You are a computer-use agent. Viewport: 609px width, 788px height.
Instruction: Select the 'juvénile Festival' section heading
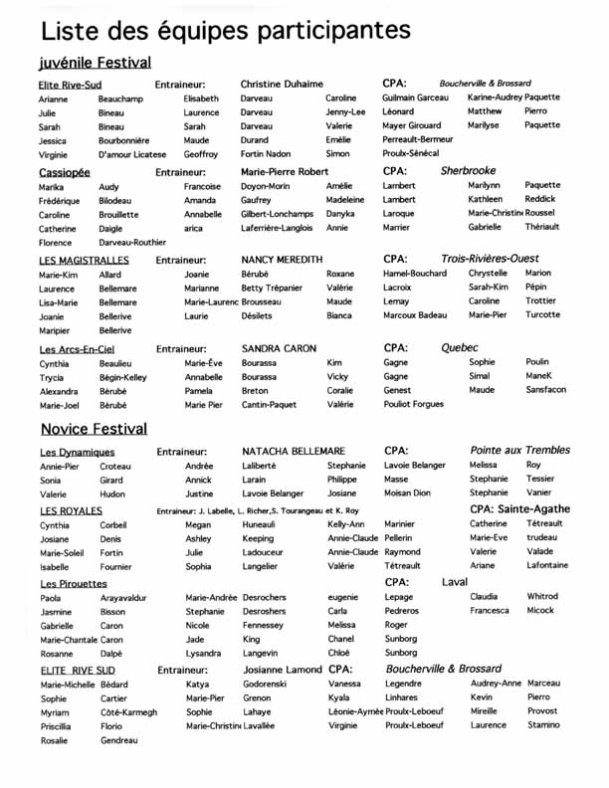[95, 63]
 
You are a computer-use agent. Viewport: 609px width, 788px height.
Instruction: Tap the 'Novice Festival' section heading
[94, 429]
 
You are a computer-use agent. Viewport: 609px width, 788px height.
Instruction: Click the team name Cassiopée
[65, 171]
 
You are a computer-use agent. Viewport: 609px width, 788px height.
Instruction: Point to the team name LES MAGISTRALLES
[84, 260]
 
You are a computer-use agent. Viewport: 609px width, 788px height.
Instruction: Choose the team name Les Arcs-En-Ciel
[79, 349]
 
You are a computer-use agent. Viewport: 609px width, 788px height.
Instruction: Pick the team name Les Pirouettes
[73, 583]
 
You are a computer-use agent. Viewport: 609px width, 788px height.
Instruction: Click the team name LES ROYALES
[71, 510]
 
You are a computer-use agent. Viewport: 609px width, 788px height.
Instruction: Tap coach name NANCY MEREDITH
[282, 260]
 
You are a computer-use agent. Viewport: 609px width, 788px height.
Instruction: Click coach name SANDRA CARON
[279, 349]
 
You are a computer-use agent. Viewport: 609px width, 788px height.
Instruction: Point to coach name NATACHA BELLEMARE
[294, 452]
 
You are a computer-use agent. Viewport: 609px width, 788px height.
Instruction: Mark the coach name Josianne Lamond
[281, 670]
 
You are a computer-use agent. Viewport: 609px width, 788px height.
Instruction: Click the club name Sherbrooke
[468, 171]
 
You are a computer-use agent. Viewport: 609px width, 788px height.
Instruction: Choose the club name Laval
[455, 581]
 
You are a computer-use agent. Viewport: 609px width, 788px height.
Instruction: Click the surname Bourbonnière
[123, 141]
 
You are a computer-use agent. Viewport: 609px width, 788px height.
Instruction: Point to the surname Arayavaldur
[122, 598]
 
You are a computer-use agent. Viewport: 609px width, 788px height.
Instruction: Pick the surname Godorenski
[264, 685]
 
